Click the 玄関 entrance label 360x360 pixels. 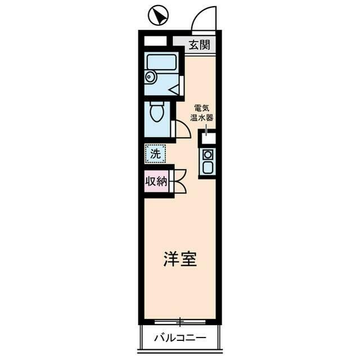click(x=199, y=44)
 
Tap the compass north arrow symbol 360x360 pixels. click(x=158, y=15)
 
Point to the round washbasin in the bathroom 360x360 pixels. click(x=150, y=77)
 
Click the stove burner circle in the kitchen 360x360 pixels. click(x=208, y=154)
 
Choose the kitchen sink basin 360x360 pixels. click(x=208, y=167)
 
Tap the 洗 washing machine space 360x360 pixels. click(x=155, y=153)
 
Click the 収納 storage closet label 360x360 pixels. click(x=157, y=181)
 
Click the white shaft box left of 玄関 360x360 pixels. click(x=155, y=41)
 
